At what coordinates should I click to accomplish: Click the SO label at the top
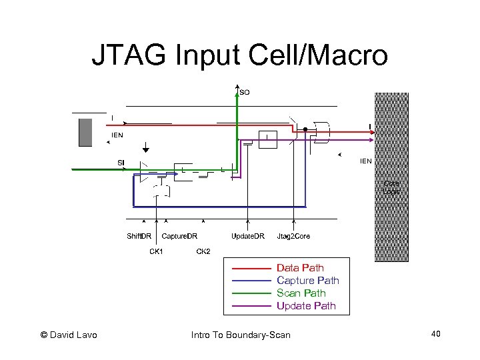click(245, 92)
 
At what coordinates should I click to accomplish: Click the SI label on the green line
click(121, 163)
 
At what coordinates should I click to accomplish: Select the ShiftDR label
click(139, 236)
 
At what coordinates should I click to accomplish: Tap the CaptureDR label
click(179, 236)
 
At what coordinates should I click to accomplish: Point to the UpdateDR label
click(248, 236)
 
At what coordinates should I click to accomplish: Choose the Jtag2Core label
click(293, 236)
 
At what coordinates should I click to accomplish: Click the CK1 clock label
click(156, 251)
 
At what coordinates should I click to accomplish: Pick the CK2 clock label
click(203, 251)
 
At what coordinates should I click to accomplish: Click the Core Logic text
click(391, 187)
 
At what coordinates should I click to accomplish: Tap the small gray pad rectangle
click(85, 132)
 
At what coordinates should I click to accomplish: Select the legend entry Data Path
click(300, 268)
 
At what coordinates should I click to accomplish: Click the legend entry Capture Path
click(307, 281)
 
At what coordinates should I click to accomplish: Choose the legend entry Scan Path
click(301, 293)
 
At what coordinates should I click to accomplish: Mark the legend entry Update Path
click(306, 306)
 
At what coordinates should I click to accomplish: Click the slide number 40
click(435, 333)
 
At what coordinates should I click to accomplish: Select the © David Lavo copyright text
click(69, 335)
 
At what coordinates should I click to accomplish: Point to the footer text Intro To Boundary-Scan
click(241, 335)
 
